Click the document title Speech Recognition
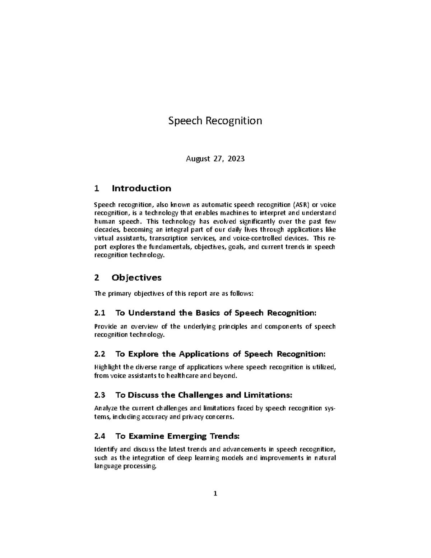[215, 121]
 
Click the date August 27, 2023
[215, 158]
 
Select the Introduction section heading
[141, 188]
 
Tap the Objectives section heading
[136, 277]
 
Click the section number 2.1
[100, 313]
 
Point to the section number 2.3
[100, 395]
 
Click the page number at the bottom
[215, 493]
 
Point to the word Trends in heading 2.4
[223, 437]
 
